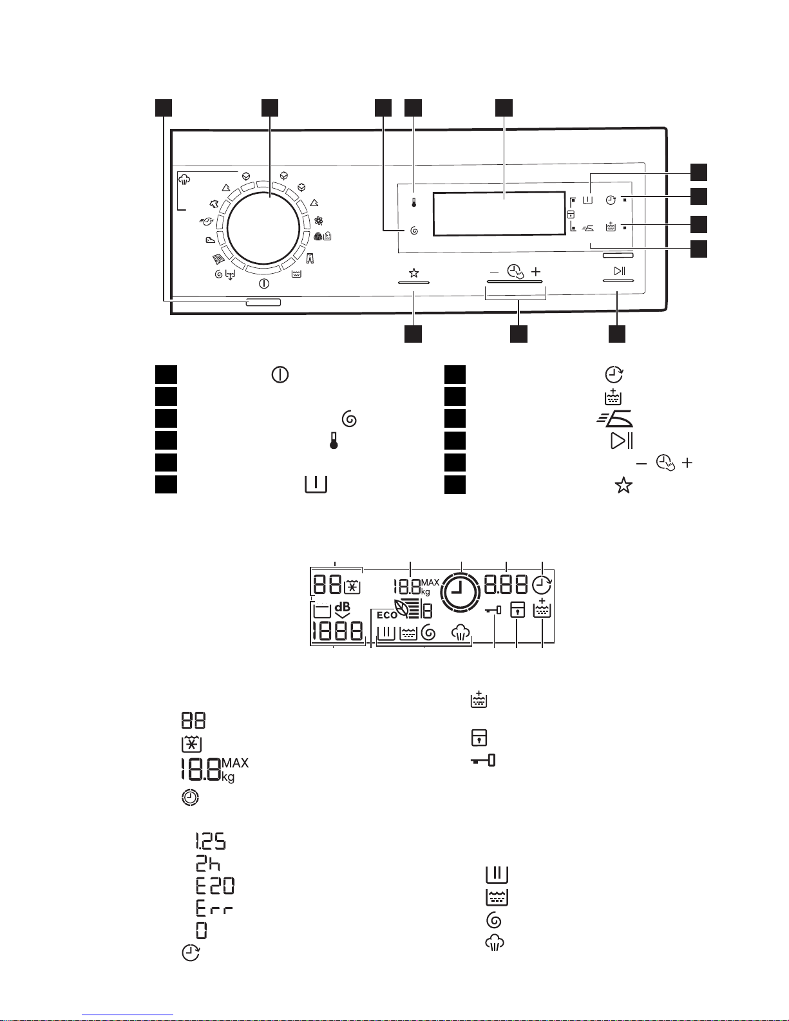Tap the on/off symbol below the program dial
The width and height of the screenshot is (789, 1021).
click(x=264, y=284)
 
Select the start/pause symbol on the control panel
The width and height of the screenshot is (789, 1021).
click(x=619, y=271)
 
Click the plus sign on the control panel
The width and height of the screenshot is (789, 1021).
click(x=536, y=272)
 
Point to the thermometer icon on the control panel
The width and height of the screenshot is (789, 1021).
click(x=414, y=203)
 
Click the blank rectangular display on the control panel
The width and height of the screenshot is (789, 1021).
click(x=499, y=213)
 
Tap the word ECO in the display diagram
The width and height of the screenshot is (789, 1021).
click(x=387, y=616)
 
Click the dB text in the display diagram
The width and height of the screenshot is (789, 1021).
click(x=343, y=607)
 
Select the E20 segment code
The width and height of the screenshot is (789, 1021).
click(x=215, y=886)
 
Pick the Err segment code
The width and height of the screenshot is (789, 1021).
click(x=214, y=909)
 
